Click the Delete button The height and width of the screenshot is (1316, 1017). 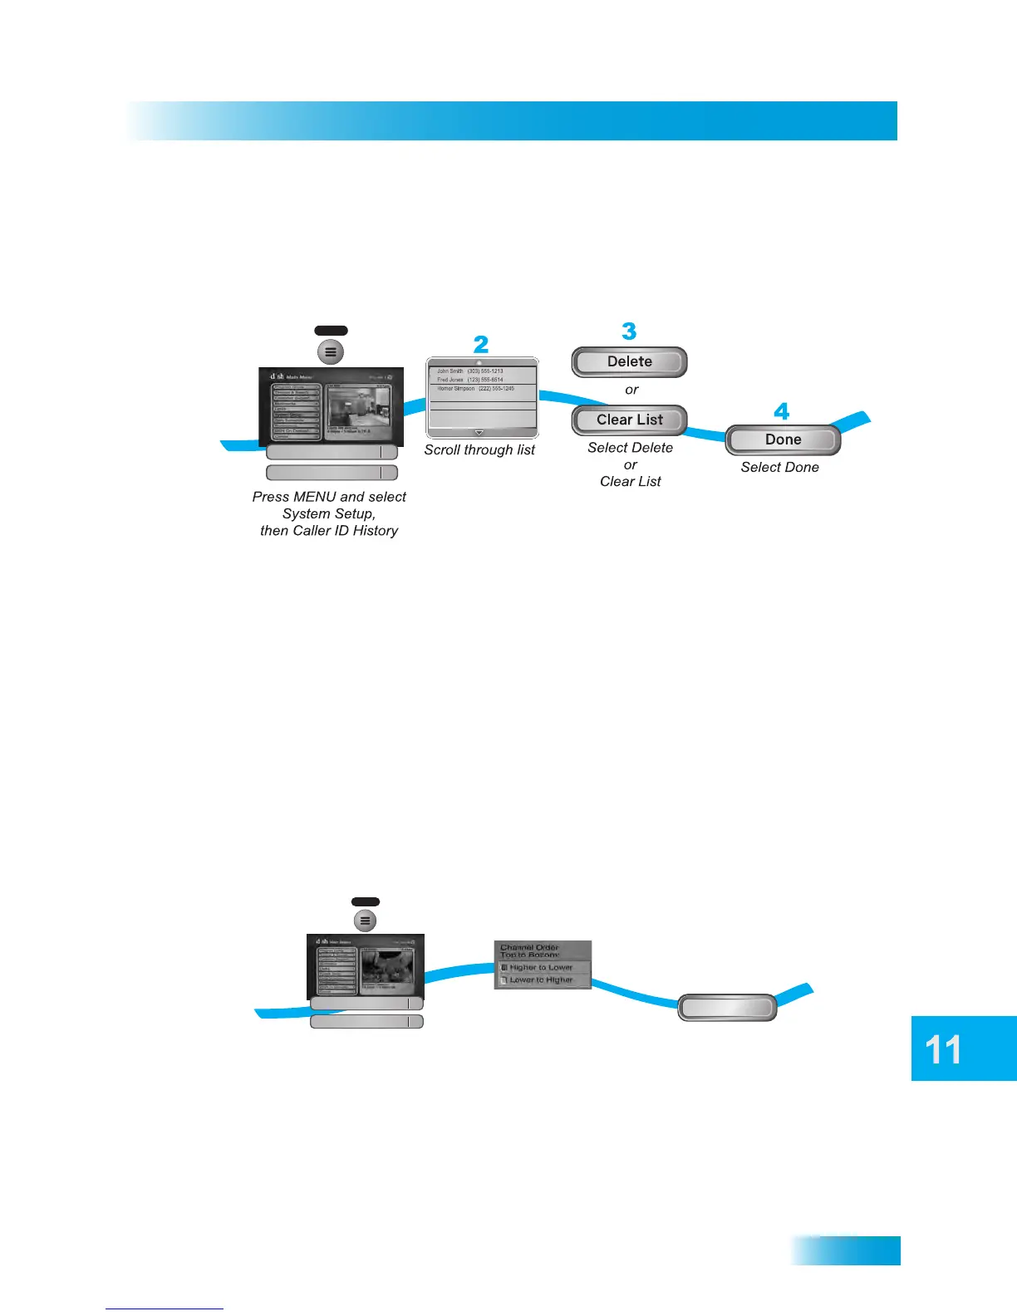[629, 361]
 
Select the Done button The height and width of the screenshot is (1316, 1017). [783, 439]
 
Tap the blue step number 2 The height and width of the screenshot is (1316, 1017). [481, 344]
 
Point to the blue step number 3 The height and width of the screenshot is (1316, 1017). [629, 331]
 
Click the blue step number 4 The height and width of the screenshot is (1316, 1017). [782, 411]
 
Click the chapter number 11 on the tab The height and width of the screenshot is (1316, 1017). [943, 1049]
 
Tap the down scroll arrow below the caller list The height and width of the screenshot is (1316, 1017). [479, 433]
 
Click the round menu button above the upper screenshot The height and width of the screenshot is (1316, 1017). [331, 351]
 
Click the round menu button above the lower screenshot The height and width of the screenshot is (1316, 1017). [365, 921]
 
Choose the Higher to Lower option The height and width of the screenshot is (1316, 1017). [541, 967]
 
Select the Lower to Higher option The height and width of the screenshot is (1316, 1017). [541, 980]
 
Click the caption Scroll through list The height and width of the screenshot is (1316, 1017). [479, 450]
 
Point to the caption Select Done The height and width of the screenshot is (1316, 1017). [779, 468]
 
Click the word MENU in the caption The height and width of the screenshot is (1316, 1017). [315, 497]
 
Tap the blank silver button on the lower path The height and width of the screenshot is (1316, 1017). [727, 1008]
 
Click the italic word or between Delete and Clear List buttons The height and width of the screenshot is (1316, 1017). [631, 390]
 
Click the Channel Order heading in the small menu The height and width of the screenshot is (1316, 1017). [529, 947]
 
